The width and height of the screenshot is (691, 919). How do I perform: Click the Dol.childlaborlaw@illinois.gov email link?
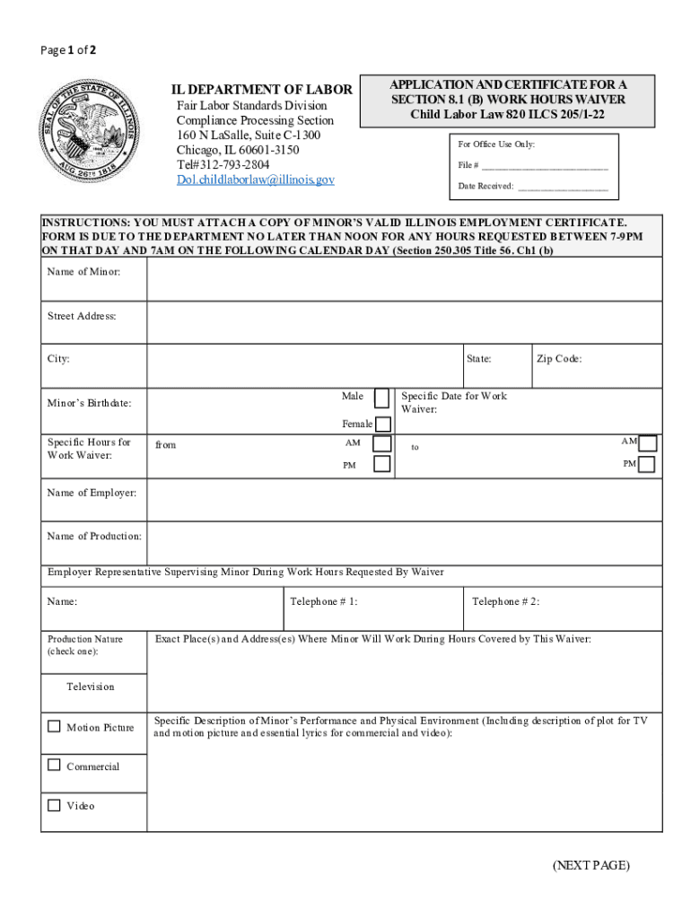(255, 179)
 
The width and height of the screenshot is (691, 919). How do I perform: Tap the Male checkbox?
(382, 398)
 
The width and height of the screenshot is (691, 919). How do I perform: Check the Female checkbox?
(383, 424)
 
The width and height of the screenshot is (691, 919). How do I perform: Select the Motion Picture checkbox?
(55, 726)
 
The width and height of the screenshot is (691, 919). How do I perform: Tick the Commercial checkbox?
(55, 766)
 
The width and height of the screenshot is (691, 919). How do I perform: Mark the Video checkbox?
(55, 805)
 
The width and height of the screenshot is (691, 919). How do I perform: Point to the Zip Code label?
(559, 359)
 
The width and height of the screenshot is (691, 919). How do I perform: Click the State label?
(478, 359)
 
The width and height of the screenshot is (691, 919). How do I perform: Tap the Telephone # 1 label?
(324, 601)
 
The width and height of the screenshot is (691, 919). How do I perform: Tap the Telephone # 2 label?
(506, 601)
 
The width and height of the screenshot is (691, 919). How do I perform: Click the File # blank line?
(545, 166)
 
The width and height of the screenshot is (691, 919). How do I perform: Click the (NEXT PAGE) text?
(591, 865)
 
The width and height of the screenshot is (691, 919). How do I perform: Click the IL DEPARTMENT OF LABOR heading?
(262, 90)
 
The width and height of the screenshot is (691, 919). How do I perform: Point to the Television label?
(91, 687)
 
